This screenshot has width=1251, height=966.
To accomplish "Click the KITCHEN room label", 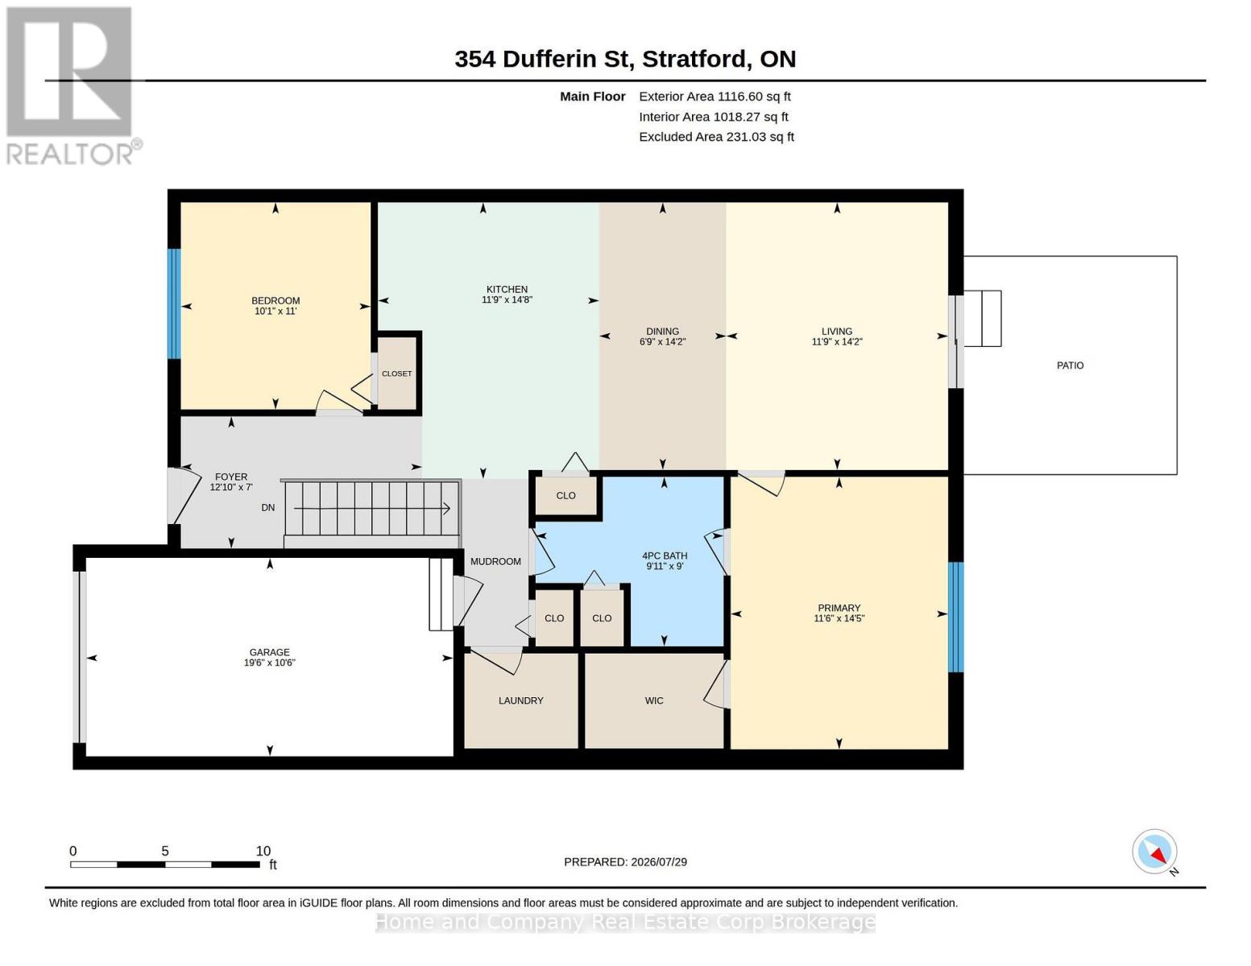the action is point(507,289).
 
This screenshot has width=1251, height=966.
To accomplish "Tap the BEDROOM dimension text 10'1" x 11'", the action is point(275,312).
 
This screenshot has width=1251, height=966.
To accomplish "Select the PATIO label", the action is point(1070,365).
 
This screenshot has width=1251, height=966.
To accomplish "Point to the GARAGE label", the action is point(269,652).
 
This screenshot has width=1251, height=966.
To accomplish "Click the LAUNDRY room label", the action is point(520,700).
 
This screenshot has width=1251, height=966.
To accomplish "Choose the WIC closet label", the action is point(654,700).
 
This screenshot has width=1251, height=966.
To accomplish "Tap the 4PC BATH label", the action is point(665,555).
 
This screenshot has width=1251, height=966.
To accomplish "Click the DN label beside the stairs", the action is point(268,507).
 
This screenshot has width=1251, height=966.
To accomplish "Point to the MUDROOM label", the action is point(495,562).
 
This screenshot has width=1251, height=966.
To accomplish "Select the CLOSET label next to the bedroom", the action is point(396,374).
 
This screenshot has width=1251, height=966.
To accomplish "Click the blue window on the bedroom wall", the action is point(174,303).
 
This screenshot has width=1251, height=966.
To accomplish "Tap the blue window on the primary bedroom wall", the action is point(955,617).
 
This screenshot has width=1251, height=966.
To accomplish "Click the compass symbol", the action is point(1154,852).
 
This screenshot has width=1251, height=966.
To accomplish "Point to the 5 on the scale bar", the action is point(164,851).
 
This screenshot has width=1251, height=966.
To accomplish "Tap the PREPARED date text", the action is point(625,862).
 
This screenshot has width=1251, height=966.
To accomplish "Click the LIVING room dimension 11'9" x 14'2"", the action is point(836,342).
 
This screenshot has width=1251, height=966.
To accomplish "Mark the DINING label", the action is point(662,332).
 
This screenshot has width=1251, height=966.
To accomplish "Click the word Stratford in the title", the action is point(696,60).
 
